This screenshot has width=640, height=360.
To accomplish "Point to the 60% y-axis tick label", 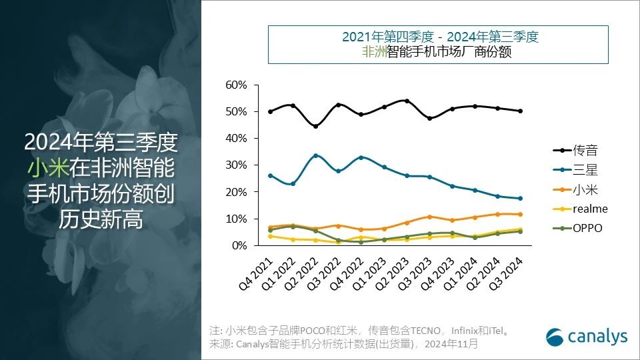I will (236, 85).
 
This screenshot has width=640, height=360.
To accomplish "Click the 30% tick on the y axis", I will (236, 165).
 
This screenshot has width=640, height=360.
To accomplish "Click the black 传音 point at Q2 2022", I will (315, 126).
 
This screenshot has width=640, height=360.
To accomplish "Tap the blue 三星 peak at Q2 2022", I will (315, 156).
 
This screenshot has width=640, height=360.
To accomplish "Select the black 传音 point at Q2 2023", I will (407, 101).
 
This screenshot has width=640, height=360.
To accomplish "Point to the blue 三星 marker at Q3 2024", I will (520, 199).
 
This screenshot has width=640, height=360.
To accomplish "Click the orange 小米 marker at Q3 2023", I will (429, 217).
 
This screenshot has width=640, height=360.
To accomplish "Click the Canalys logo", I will (587, 337).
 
